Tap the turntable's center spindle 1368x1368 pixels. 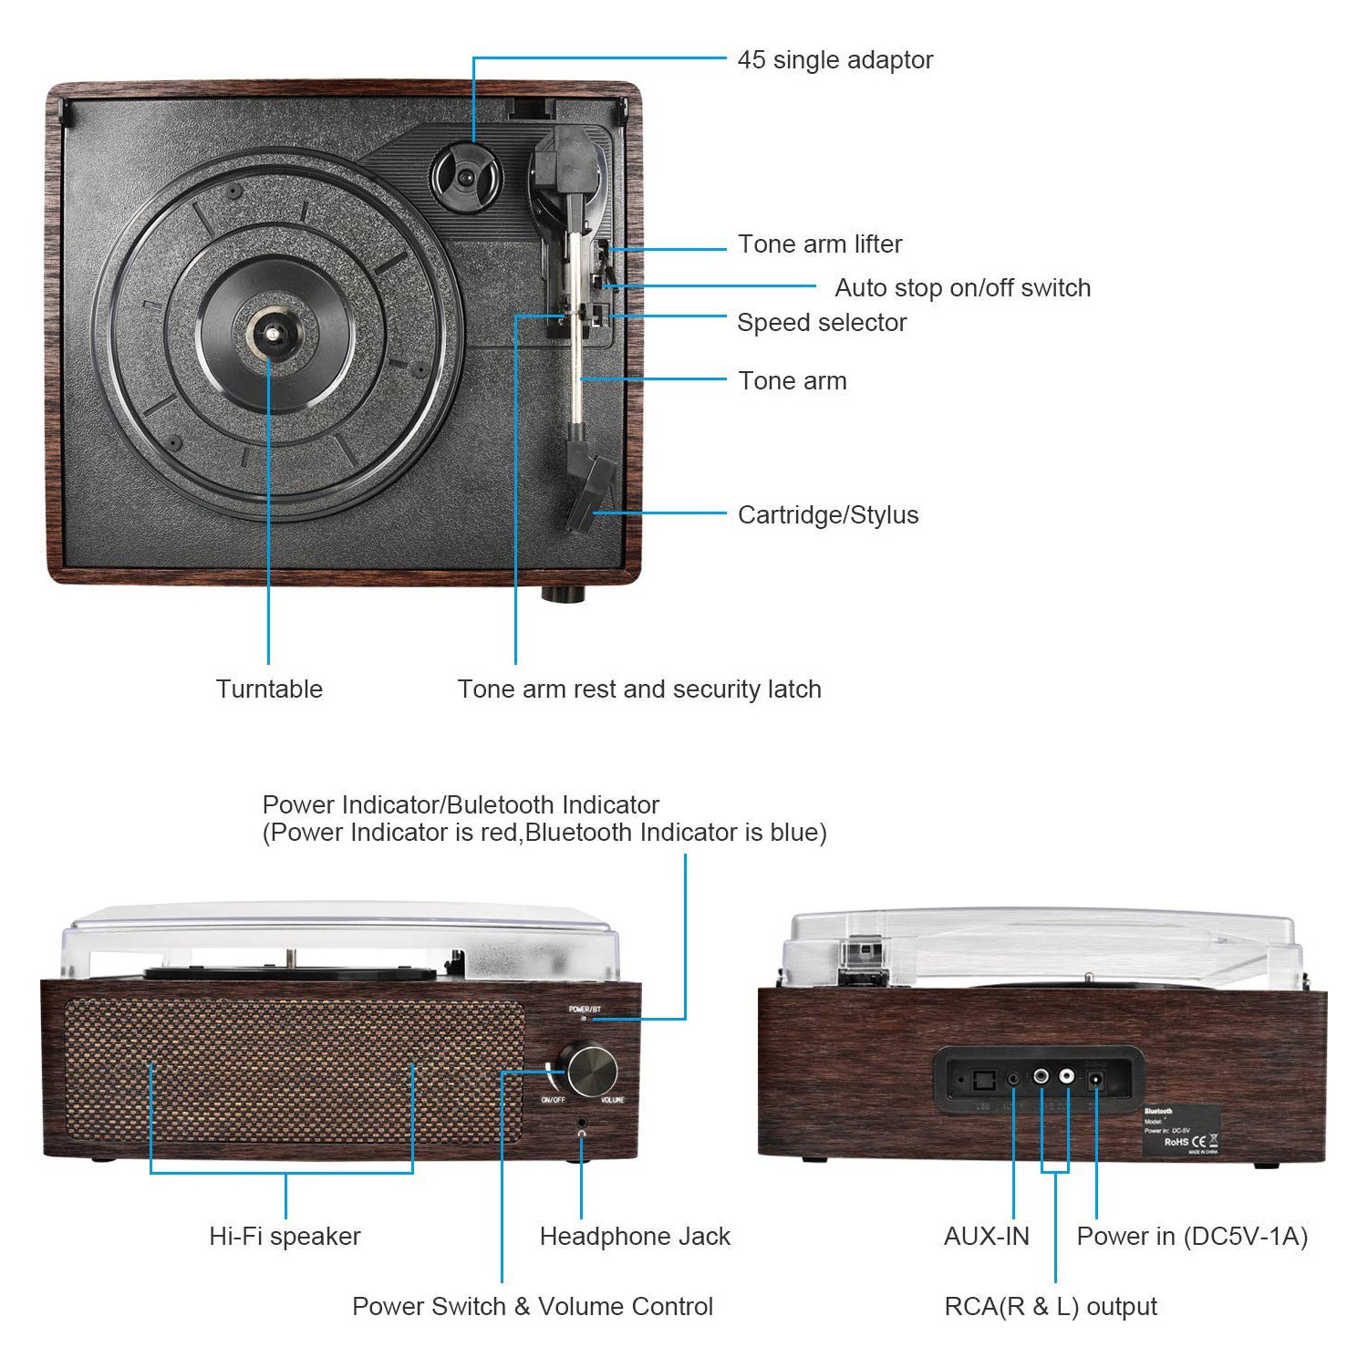270,334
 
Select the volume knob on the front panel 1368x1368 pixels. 592,1070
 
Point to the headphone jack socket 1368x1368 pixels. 582,1122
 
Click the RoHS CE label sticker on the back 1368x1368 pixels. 1181,1131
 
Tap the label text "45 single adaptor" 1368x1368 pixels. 834,60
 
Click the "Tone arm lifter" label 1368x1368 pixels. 819,244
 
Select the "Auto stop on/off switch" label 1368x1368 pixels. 962,288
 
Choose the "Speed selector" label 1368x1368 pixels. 821,323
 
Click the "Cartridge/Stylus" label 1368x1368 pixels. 827,515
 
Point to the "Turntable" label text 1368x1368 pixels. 269,689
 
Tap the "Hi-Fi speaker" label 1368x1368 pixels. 285,1237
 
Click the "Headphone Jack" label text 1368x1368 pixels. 635,1237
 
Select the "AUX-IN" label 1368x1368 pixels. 986,1237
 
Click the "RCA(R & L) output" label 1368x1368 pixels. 1050,1307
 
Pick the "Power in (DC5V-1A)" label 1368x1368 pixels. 1192,1237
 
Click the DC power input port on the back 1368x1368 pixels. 1095,1082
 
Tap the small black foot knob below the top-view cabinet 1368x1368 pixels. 563,595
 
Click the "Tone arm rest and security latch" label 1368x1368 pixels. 638,689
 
